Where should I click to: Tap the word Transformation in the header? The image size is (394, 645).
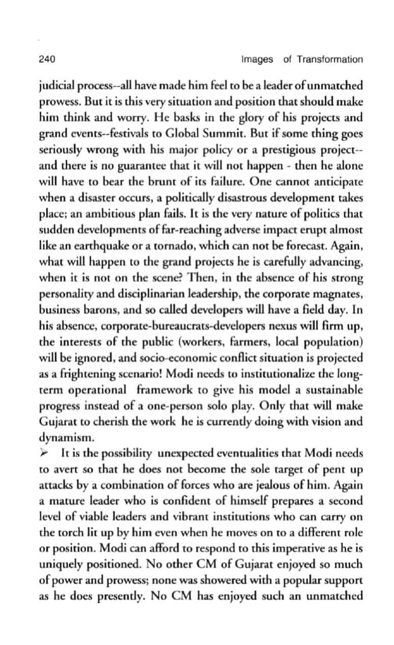[330, 59]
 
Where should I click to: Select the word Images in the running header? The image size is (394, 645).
[257, 59]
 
